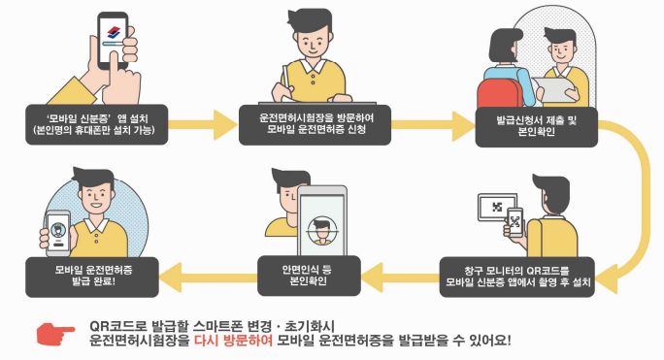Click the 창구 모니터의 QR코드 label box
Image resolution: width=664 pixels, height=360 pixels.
tap(528, 273)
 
